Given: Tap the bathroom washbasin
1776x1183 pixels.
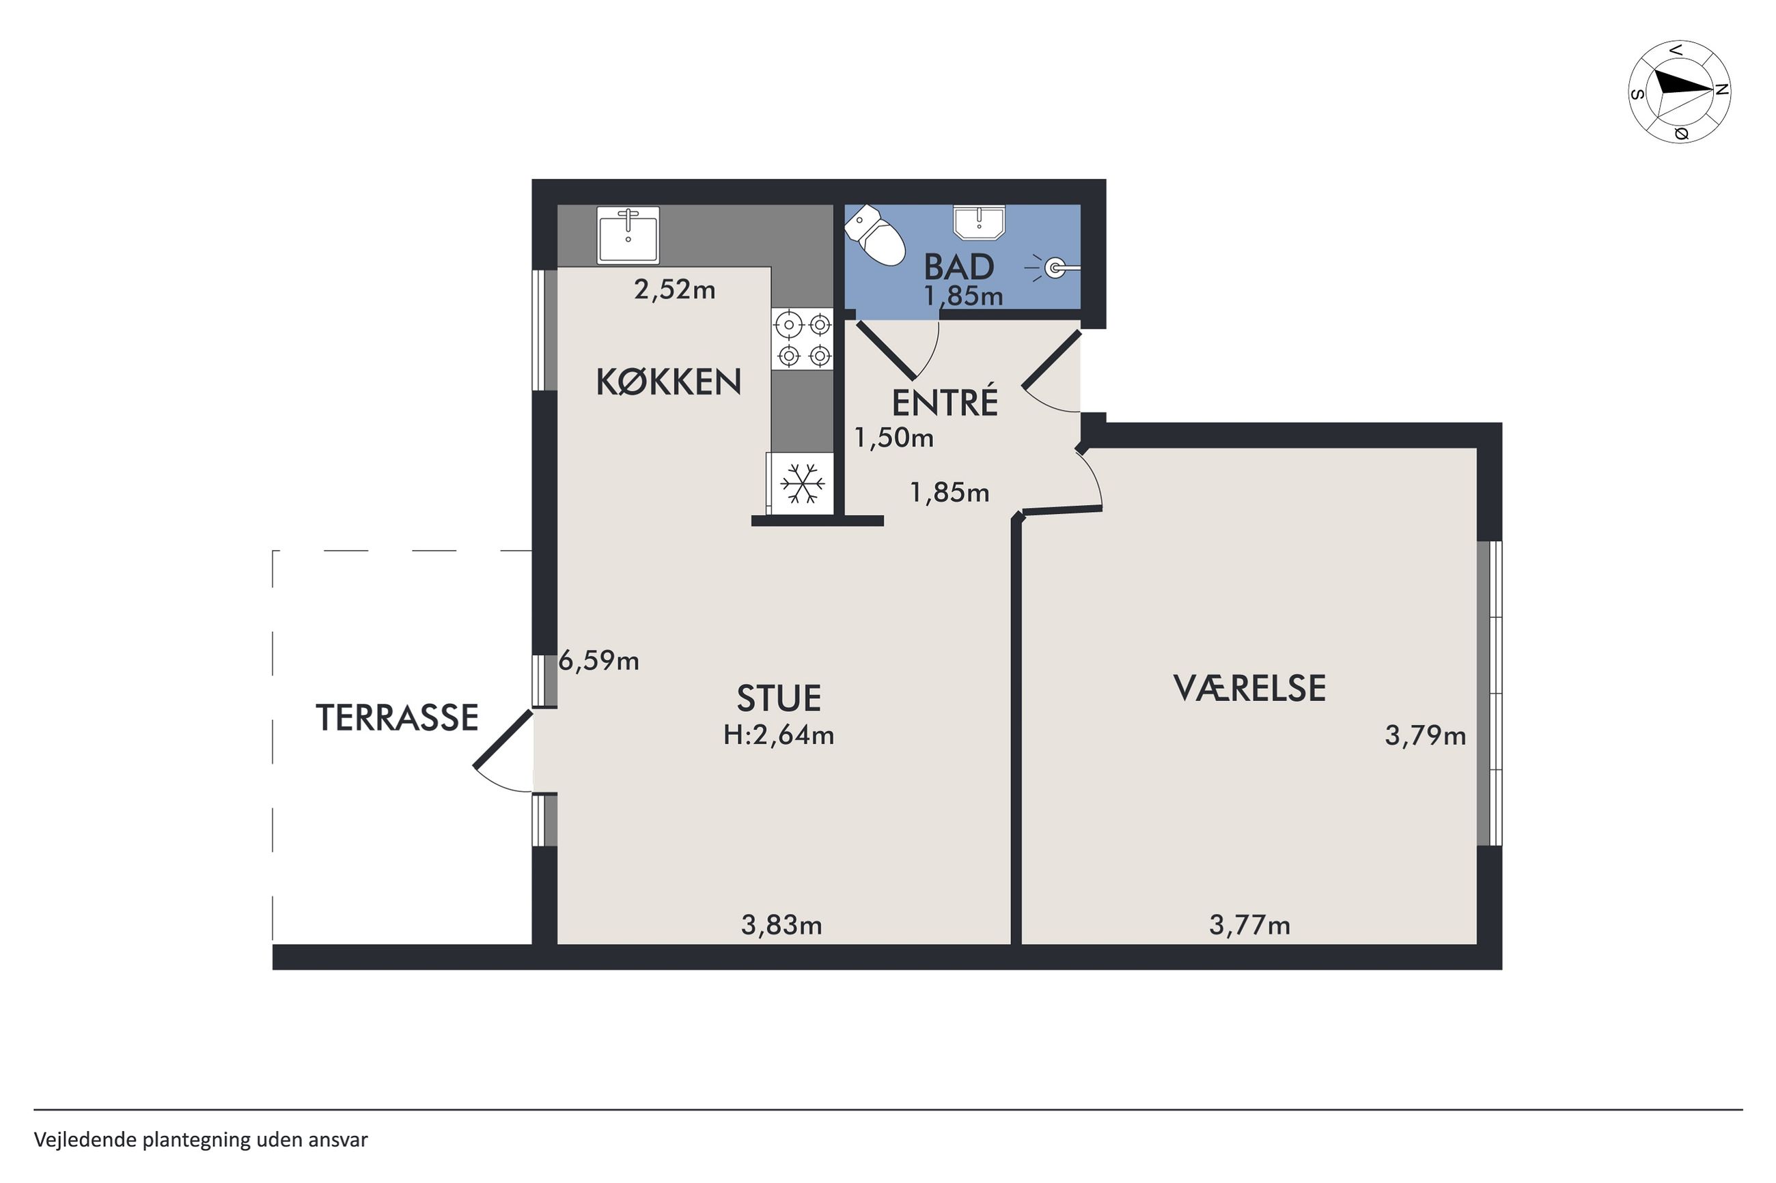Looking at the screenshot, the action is (979, 223).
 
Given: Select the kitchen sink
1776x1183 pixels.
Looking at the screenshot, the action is (628, 235).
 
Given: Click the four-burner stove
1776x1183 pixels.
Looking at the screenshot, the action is (803, 339).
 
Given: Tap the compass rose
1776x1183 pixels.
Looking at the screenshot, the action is (1680, 91).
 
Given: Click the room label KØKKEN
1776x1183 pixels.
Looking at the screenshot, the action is (669, 382).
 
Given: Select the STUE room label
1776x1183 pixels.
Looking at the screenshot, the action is (779, 698).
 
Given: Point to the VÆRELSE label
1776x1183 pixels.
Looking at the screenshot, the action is (1249, 688).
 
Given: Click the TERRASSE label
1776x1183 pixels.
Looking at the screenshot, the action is (397, 717).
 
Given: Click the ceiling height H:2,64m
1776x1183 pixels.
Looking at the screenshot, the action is (779, 735).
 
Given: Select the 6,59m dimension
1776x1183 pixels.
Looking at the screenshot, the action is (598, 661).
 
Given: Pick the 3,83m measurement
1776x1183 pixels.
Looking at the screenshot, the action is (781, 925).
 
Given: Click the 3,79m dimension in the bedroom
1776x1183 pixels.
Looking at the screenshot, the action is (1425, 736).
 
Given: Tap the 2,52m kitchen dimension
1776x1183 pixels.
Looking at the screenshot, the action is (675, 289).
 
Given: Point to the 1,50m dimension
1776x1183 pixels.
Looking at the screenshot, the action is (893, 438).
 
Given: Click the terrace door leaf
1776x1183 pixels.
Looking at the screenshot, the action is (503, 739).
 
